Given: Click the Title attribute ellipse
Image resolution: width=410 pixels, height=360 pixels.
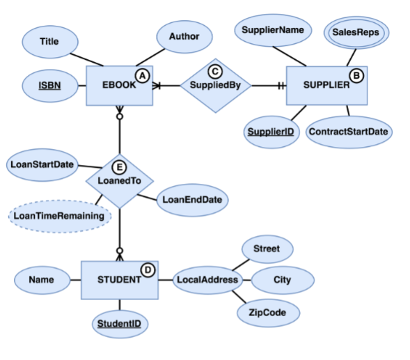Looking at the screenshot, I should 49,42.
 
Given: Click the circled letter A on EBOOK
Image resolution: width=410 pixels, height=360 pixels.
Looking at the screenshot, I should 143,74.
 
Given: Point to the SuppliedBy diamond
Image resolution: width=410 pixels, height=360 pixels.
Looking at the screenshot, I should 215,86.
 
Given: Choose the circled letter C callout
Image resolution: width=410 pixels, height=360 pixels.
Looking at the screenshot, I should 215,70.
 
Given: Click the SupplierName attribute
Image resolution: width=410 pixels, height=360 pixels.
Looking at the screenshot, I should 273,31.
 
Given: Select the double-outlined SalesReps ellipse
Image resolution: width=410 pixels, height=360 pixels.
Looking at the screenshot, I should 355,32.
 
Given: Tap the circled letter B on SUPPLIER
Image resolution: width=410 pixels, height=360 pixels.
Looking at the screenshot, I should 357,75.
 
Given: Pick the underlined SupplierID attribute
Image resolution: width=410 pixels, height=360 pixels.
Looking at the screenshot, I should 271,132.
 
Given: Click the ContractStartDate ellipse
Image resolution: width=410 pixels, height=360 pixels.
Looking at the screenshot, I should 348,132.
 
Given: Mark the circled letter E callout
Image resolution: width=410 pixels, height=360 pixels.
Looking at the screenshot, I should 120,166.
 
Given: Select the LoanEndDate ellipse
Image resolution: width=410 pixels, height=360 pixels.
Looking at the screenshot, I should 192,200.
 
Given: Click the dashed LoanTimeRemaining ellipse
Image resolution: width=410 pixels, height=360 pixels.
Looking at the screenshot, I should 60,216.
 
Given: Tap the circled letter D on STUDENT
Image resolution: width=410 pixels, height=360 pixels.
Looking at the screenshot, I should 147,269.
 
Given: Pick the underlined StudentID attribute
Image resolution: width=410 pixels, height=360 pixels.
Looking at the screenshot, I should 122,323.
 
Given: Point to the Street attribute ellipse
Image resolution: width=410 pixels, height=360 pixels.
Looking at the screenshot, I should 267,249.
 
